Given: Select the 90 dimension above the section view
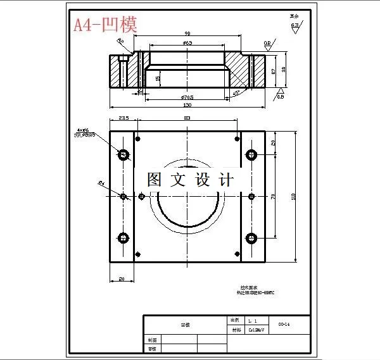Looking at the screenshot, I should (187, 33).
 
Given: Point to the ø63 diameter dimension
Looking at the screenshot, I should (187, 42).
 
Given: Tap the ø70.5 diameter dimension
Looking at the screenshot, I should (187, 97).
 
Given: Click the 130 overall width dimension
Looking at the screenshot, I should (187, 105).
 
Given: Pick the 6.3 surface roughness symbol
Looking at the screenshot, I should (294, 26).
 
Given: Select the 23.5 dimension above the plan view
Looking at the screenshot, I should (123, 118).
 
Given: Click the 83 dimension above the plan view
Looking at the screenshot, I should (187, 118).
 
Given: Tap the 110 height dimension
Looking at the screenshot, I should (293, 196).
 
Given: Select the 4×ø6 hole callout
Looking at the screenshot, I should (83, 131).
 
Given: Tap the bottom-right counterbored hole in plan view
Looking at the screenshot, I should (251, 238).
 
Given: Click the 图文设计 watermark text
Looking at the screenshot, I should (191, 180).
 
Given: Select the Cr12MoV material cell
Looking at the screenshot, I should (255, 330).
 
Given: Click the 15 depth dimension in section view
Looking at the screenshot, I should (157, 78).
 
